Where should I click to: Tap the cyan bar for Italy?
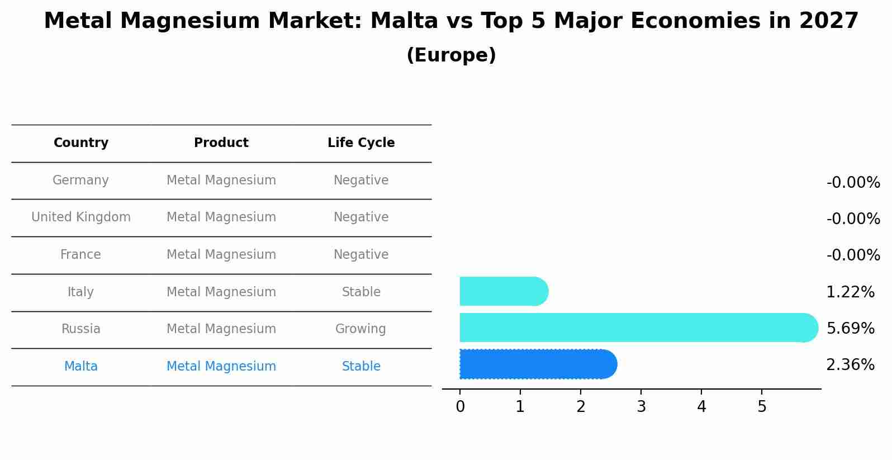[503, 291]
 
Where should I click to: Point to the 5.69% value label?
[850, 329]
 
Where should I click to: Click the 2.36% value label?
[850, 365]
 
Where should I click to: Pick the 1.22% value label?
[850, 292]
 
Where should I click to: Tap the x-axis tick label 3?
[641, 407]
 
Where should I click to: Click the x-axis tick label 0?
[460, 407]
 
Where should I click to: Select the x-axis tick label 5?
[762, 407]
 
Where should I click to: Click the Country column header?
[81, 143]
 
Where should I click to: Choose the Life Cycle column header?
[361, 143]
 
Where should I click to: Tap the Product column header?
[221, 143]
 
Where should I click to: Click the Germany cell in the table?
[80, 181]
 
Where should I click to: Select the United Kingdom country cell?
[81, 217]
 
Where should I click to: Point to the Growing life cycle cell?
[360, 329]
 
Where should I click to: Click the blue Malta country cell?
[81, 367]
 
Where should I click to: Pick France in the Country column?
[80, 255]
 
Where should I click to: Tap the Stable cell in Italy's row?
[361, 292]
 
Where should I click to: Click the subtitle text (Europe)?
[451, 55]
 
